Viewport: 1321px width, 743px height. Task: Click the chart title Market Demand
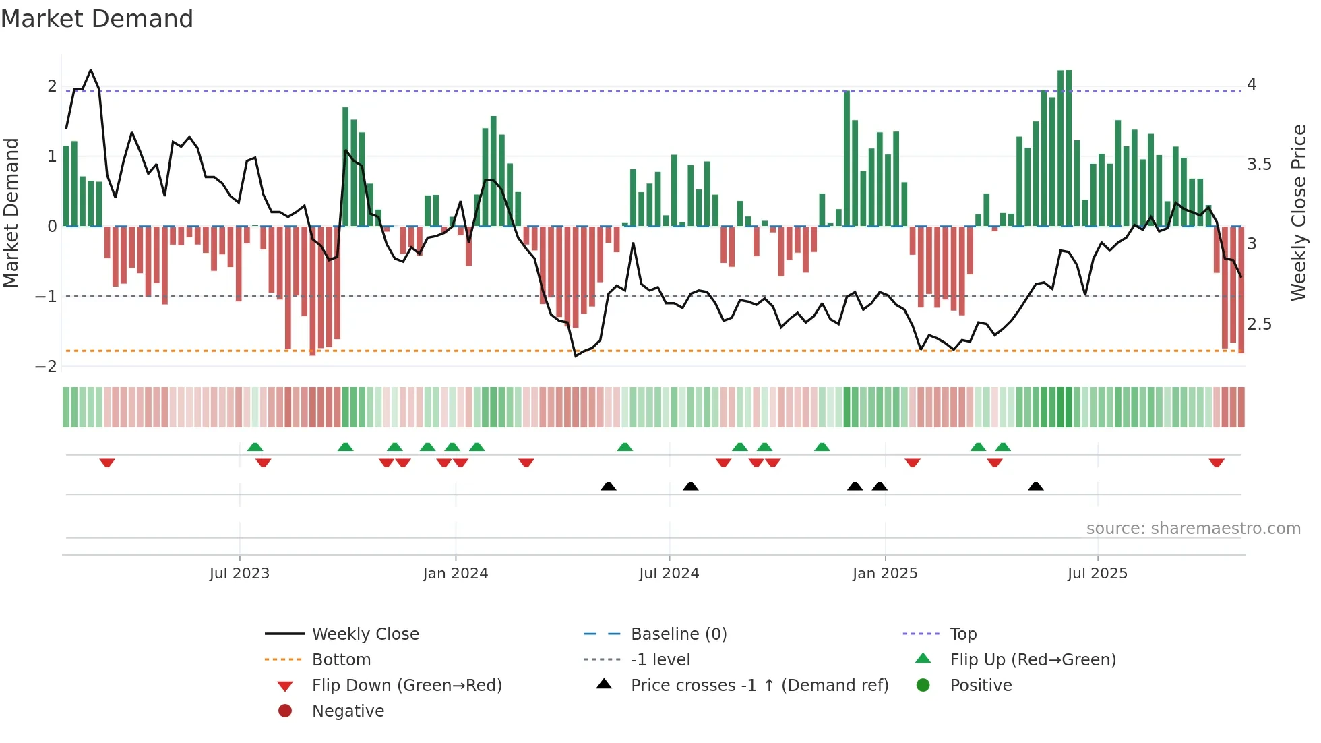pyautogui.click(x=97, y=19)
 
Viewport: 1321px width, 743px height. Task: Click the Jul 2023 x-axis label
pyautogui.click(x=239, y=574)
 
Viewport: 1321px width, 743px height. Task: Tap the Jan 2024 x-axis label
pyautogui.click(x=455, y=574)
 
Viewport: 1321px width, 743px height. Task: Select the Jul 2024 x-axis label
pyautogui.click(x=669, y=574)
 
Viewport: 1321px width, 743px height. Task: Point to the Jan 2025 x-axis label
pyautogui.click(x=884, y=574)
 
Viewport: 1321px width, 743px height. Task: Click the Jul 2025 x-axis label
pyautogui.click(x=1097, y=574)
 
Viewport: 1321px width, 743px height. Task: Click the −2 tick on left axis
pyautogui.click(x=46, y=367)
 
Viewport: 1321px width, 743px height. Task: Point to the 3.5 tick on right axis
pyautogui.click(x=1259, y=165)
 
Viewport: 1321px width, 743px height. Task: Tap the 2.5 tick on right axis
pyautogui.click(x=1259, y=324)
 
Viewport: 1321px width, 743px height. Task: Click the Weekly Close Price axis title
pyautogui.click(x=1298, y=212)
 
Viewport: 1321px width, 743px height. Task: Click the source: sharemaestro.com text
pyautogui.click(x=1193, y=529)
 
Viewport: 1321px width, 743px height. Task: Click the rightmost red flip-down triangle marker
pyautogui.click(x=1217, y=463)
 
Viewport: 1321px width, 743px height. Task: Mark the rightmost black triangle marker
pyautogui.click(x=1036, y=486)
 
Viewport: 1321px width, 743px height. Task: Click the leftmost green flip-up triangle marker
pyautogui.click(x=255, y=447)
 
